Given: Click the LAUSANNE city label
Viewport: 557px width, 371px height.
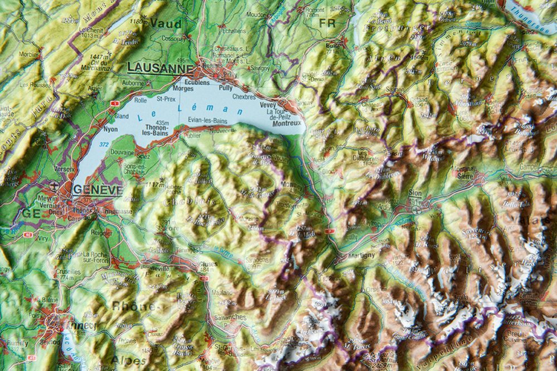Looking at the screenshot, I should (160, 67).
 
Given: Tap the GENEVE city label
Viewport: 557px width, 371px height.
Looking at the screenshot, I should (98, 189).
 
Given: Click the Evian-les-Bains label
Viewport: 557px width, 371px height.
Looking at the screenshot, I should (207, 120).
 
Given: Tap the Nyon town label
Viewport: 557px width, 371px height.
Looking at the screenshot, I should (110, 128).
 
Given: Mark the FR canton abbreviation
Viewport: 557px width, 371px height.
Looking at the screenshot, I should (327, 23).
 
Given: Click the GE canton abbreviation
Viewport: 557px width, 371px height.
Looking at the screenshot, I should (27, 213).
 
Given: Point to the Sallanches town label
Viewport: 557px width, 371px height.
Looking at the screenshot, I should (229, 317).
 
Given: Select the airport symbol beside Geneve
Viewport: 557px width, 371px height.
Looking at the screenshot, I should (54, 185).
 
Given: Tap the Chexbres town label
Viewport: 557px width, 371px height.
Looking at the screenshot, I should (244, 96).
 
